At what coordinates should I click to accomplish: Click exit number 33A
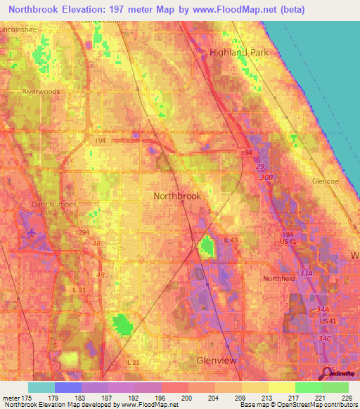click(x=305, y=273)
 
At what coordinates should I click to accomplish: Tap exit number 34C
click(x=324, y=339)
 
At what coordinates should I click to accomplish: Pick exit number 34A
click(x=323, y=309)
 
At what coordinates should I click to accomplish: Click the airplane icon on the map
click(x=32, y=232)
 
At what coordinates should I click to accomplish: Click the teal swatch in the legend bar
click(x=41, y=387)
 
